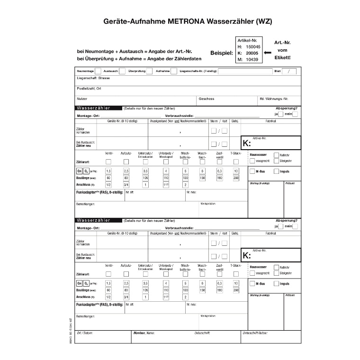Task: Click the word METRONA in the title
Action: (x=186, y=21)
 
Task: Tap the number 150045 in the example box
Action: (x=252, y=47)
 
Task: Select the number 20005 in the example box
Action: (x=252, y=53)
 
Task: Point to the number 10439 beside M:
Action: (x=252, y=59)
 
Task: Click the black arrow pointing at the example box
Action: (x=267, y=53)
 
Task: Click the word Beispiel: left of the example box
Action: (x=221, y=54)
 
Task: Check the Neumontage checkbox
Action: (x=98, y=71)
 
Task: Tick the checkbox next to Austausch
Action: (x=122, y=71)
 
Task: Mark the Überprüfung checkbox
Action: (x=149, y=71)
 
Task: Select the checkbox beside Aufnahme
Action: (x=174, y=71)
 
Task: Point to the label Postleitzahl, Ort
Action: (x=89, y=88)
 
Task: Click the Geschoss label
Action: (x=207, y=99)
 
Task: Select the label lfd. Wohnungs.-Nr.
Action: (x=273, y=99)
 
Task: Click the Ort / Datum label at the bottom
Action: (x=85, y=333)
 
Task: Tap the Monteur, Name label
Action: (x=144, y=333)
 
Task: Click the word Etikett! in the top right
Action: (x=282, y=57)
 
